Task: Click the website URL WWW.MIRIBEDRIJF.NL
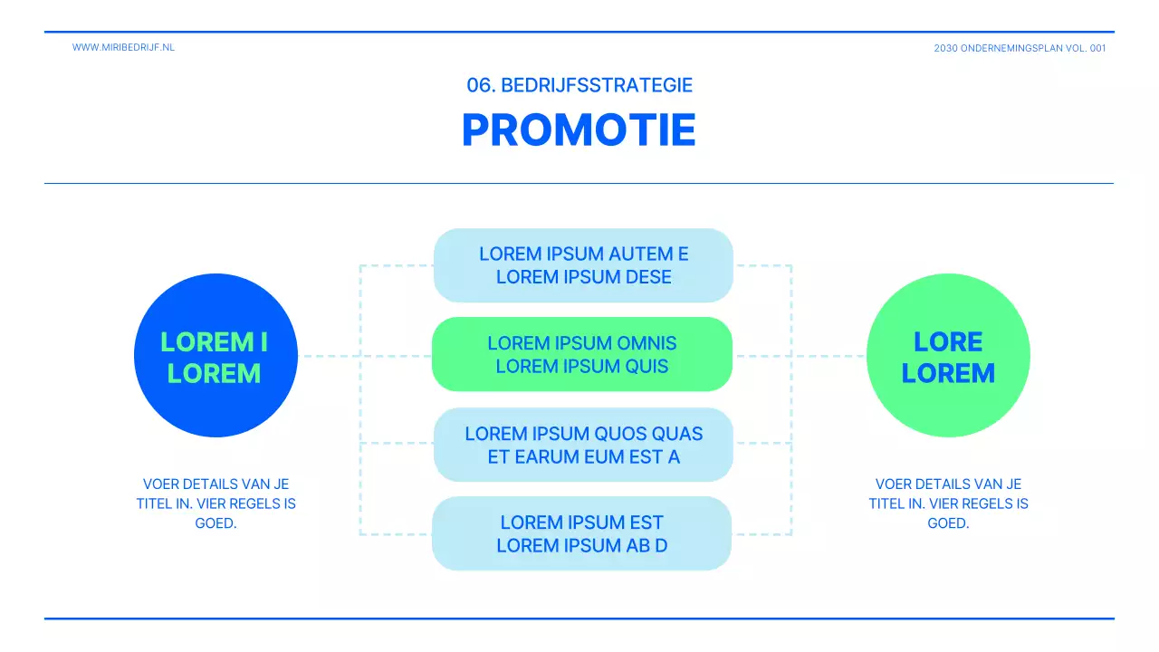tap(123, 47)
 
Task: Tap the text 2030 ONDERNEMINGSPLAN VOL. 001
tap(1020, 48)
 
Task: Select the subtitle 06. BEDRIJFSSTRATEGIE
tap(579, 85)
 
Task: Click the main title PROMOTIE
tap(579, 130)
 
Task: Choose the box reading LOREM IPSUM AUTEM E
tap(583, 265)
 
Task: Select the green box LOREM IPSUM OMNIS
tap(581, 354)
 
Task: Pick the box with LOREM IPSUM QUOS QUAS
tap(583, 445)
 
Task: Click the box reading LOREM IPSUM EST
tap(581, 533)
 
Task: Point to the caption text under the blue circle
tap(216, 503)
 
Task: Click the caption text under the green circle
tap(948, 503)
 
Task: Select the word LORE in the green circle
tap(948, 341)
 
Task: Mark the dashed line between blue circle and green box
tap(330, 356)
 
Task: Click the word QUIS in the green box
tap(647, 366)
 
